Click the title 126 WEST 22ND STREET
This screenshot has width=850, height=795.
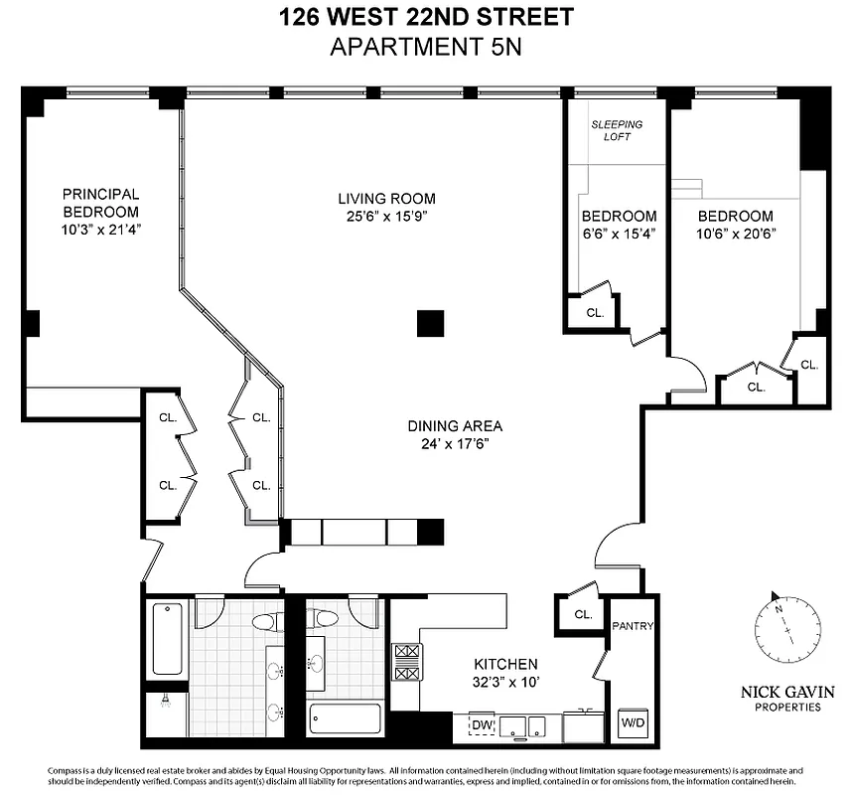coord(424,17)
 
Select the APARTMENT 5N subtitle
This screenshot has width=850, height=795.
coord(424,46)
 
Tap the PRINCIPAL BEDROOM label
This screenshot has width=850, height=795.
coord(100,203)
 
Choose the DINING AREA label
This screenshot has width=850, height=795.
coord(448,425)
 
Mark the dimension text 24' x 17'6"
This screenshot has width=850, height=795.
coord(448,443)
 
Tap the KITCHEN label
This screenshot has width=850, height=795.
coord(505,664)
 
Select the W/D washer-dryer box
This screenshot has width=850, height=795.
coord(632,722)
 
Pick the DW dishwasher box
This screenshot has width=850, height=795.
coord(482,726)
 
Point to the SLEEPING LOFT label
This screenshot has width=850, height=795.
coord(618,130)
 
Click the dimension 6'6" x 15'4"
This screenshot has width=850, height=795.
coord(618,235)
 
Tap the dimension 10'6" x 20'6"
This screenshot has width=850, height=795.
coord(735,235)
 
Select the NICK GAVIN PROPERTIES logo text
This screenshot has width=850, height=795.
coord(787,698)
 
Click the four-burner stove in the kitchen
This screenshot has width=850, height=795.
coord(407,663)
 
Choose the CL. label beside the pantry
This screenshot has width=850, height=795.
coord(582,615)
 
